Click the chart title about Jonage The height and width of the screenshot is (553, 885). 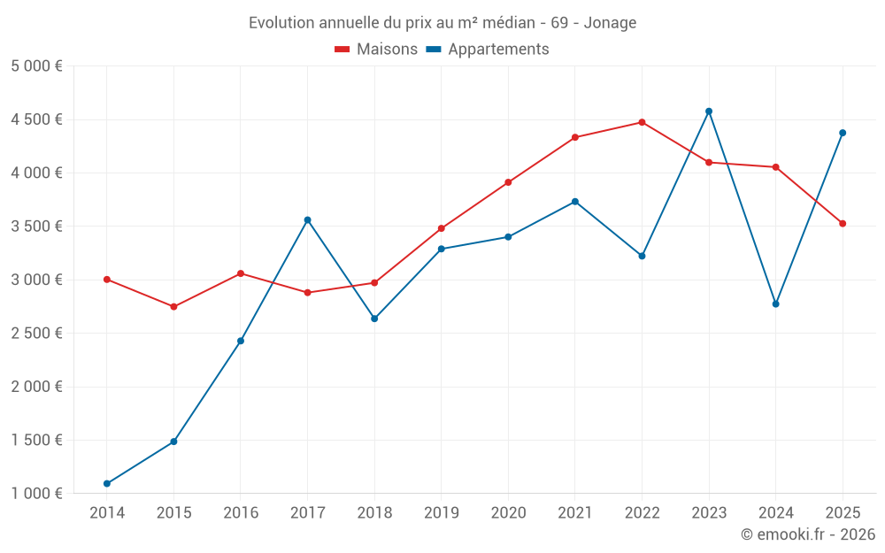[x=442, y=23]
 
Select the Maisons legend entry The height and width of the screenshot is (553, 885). [x=376, y=50]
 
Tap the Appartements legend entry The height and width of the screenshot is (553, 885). [x=488, y=50]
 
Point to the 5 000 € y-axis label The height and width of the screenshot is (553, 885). [x=36, y=66]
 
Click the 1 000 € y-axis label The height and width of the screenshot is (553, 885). [x=36, y=494]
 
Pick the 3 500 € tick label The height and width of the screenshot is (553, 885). [x=36, y=227]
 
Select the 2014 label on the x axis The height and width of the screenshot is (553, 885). [x=107, y=512]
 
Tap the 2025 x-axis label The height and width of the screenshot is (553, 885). [x=843, y=512]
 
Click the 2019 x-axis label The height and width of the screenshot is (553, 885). [x=442, y=512]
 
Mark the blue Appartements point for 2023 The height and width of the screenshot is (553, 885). [x=709, y=111]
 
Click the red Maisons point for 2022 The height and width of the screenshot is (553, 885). [x=642, y=122]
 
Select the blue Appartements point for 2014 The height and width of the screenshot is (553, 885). [x=107, y=484]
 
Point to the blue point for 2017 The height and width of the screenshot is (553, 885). [x=307, y=220]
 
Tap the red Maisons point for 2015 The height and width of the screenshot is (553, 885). [x=173, y=307]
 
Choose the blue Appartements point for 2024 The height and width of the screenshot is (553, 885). [x=776, y=304]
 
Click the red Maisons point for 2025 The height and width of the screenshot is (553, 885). [x=843, y=224]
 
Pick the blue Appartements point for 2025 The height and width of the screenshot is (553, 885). [x=843, y=133]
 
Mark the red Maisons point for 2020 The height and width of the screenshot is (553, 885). [x=508, y=182]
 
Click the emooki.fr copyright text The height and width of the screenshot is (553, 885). [x=807, y=534]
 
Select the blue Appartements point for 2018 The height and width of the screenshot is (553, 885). [x=374, y=319]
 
